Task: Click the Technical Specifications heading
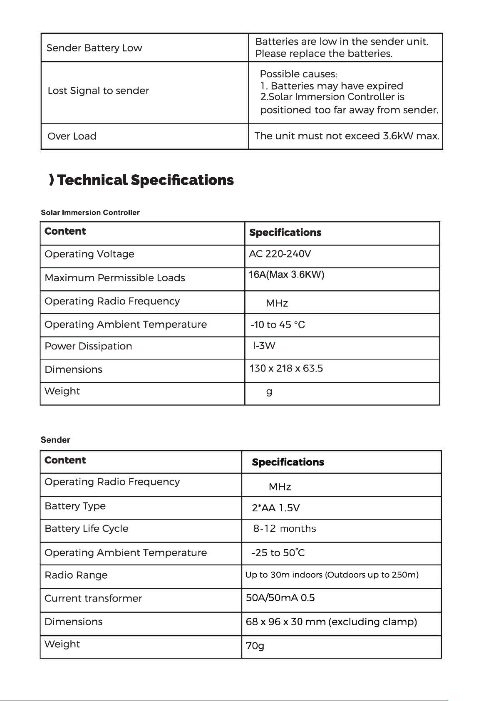tap(145, 180)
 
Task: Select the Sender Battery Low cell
tap(94, 48)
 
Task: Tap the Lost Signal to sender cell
tap(98, 91)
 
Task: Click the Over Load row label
tap(72, 136)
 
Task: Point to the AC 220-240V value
tap(280, 254)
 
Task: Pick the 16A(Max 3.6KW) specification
tap(286, 275)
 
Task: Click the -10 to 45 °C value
tap(278, 325)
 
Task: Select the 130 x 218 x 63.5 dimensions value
tap(286, 369)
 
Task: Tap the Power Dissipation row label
tap(88, 346)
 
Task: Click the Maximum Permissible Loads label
tap(115, 278)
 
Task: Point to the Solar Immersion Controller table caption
tap(90, 213)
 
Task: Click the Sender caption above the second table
tap(55, 440)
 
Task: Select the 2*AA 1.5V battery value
tap(275, 508)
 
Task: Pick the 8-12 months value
tap(285, 529)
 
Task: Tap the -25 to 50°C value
tap(278, 553)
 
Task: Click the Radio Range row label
tap(76, 575)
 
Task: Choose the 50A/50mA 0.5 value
tap(280, 598)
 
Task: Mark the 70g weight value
tap(255, 646)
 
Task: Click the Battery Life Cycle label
tap(87, 529)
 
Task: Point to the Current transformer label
tap(93, 599)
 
